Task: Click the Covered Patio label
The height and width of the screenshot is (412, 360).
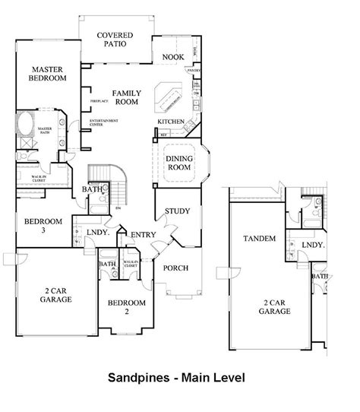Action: point(115,39)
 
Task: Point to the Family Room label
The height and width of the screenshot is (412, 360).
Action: point(126,97)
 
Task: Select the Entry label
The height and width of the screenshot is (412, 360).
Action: point(144,234)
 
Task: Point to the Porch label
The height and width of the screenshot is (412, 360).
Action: point(176,268)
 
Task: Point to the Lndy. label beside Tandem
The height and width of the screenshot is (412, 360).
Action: point(312,245)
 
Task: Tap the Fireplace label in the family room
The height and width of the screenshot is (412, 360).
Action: point(99,100)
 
